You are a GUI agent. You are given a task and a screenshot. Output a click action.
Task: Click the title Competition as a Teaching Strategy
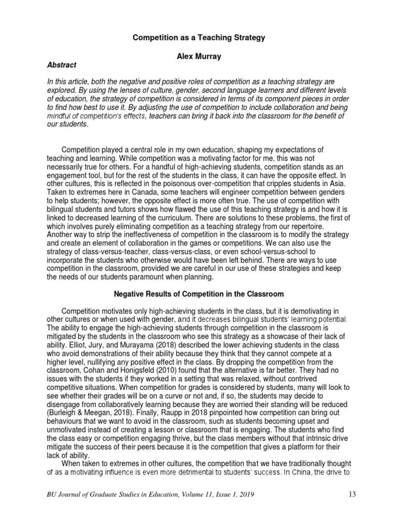click(199, 38)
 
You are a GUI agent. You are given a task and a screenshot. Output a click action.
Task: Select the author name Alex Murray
click(199, 57)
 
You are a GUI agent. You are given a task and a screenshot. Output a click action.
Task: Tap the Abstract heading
click(62, 65)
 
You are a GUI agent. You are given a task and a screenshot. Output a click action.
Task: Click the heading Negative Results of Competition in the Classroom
click(199, 295)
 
